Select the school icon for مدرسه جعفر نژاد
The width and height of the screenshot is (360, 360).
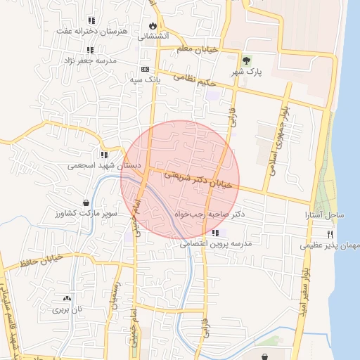[x=90, y=50]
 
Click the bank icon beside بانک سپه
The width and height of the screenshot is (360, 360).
[x=145, y=69]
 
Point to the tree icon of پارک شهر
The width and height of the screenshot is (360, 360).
[x=246, y=60]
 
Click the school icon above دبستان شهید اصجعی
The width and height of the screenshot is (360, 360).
[x=104, y=155]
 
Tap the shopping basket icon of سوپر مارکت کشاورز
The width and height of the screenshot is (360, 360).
[x=86, y=202]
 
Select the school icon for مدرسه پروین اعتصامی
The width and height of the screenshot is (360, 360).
[x=214, y=233]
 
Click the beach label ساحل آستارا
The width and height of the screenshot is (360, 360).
[x=324, y=213]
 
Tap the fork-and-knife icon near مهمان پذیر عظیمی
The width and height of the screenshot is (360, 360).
[x=330, y=234]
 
